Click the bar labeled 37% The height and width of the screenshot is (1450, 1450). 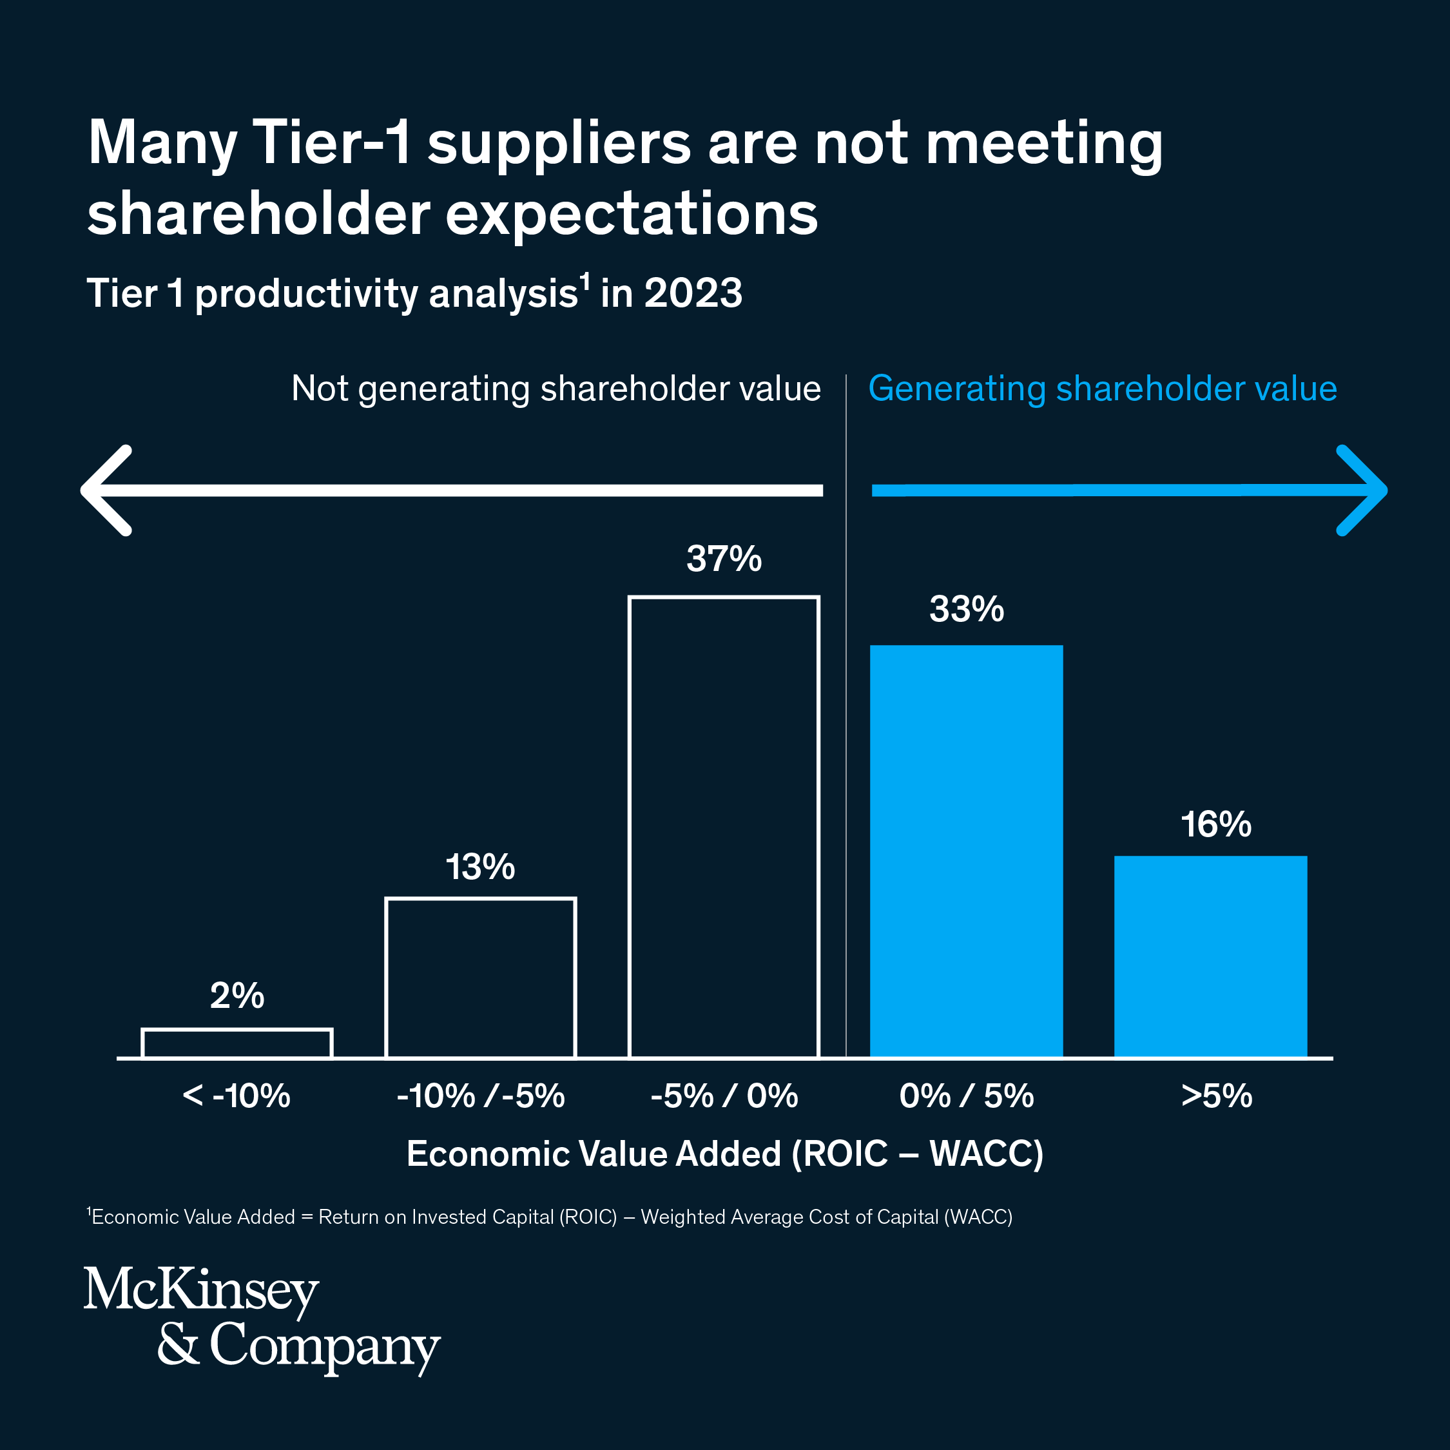[x=724, y=826]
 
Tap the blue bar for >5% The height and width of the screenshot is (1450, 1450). [x=1210, y=956]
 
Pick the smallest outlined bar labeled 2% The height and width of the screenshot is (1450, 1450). [x=237, y=1043]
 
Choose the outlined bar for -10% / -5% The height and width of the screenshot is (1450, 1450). [x=480, y=977]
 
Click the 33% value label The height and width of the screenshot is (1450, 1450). [x=966, y=610]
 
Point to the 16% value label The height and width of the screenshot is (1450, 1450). [x=1216, y=824]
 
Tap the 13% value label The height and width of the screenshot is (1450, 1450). [x=480, y=867]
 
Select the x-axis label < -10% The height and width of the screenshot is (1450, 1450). [x=237, y=1096]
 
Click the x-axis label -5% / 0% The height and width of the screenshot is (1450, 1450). [x=724, y=1096]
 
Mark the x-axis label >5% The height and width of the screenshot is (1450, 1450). [x=1217, y=1096]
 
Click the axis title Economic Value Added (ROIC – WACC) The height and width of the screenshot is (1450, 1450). [x=725, y=1154]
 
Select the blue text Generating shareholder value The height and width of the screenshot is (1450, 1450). [x=1103, y=389]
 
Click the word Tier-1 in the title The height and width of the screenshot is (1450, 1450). [x=333, y=142]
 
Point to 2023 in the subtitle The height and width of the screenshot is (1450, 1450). [x=693, y=293]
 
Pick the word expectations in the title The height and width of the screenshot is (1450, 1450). [x=631, y=214]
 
